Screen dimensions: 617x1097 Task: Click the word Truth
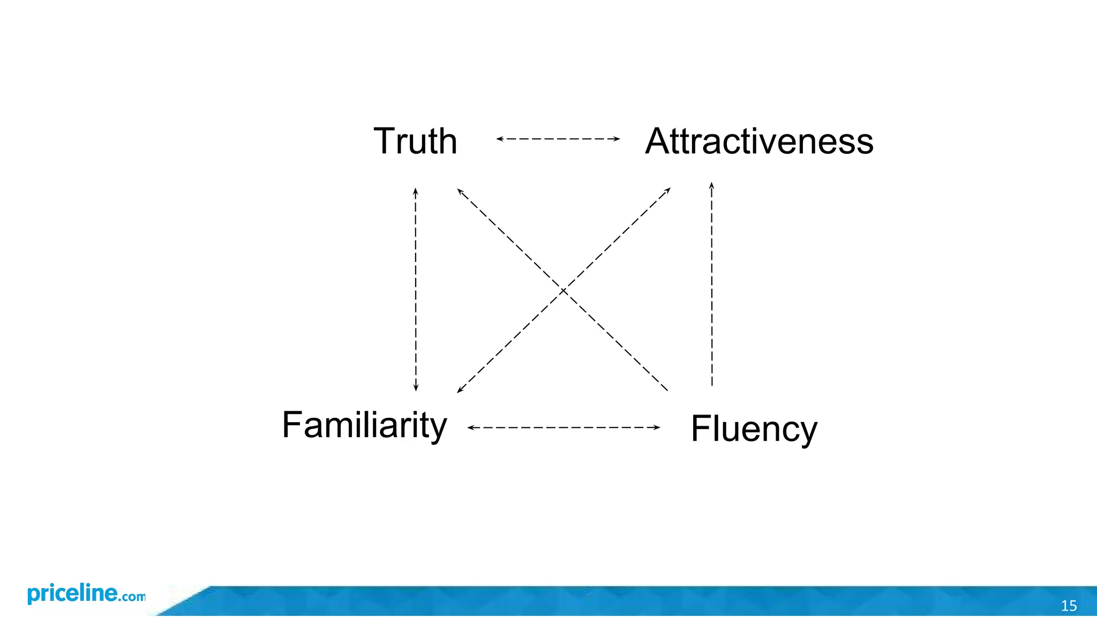[x=415, y=141]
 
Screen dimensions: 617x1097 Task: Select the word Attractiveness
[x=759, y=141]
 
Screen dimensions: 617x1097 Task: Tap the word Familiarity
[x=364, y=425]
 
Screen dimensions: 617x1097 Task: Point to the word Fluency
[x=754, y=428]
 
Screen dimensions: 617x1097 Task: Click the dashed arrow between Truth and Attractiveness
[x=558, y=139]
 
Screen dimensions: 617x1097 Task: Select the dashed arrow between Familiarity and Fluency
[x=563, y=427]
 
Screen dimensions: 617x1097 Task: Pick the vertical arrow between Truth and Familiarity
[x=416, y=289]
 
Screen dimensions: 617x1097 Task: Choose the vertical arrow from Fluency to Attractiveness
[x=712, y=284]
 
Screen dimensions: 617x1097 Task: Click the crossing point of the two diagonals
[x=563, y=291]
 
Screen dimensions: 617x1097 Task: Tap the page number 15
[x=1069, y=606]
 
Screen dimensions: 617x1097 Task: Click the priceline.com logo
[x=86, y=594]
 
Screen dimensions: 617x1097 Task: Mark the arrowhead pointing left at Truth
[x=499, y=139]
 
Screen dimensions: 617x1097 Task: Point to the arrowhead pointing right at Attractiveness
[x=617, y=139]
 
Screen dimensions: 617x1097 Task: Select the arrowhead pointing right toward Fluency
[x=657, y=427]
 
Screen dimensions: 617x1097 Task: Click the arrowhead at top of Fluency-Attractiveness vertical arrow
[x=712, y=185]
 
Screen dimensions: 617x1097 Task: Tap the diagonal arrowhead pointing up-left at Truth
[x=460, y=191]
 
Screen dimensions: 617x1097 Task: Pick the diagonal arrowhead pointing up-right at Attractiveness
[x=668, y=190]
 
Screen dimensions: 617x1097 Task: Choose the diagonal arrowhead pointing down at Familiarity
[x=460, y=390]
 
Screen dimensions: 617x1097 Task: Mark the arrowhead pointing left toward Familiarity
[x=470, y=427]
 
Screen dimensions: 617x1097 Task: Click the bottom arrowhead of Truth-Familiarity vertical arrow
[x=416, y=388]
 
